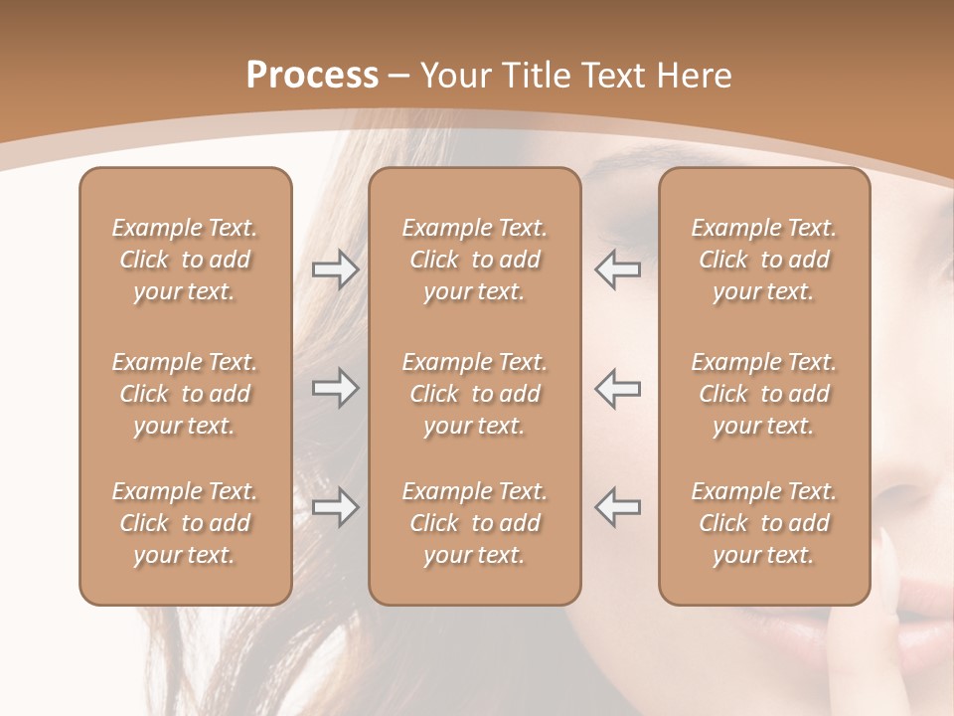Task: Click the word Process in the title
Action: click(x=312, y=76)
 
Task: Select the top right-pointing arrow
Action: click(x=335, y=269)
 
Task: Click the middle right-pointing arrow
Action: click(x=335, y=388)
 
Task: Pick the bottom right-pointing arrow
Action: click(x=335, y=507)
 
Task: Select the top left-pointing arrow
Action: click(x=617, y=269)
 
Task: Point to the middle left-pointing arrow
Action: click(x=617, y=388)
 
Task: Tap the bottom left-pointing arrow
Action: click(x=617, y=507)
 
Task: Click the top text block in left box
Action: click(x=185, y=260)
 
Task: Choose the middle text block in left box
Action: click(x=185, y=394)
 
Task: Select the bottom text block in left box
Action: click(x=185, y=523)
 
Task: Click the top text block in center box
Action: click(x=475, y=260)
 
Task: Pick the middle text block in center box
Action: click(x=475, y=394)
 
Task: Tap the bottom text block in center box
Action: click(x=475, y=523)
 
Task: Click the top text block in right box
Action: click(x=764, y=260)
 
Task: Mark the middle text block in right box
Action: click(x=764, y=394)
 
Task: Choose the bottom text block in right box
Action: click(x=764, y=523)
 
